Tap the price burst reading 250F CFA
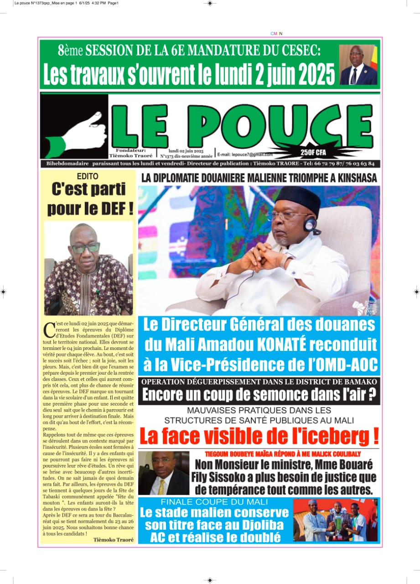(x=313, y=151)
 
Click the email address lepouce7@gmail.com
(x=245, y=155)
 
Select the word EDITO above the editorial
(x=87, y=176)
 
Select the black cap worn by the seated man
(x=298, y=199)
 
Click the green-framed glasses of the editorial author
(x=85, y=248)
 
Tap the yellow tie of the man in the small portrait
(x=161, y=486)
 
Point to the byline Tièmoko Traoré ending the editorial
(x=113, y=539)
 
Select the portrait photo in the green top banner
(x=358, y=65)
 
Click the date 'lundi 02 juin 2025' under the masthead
(x=186, y=151)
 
